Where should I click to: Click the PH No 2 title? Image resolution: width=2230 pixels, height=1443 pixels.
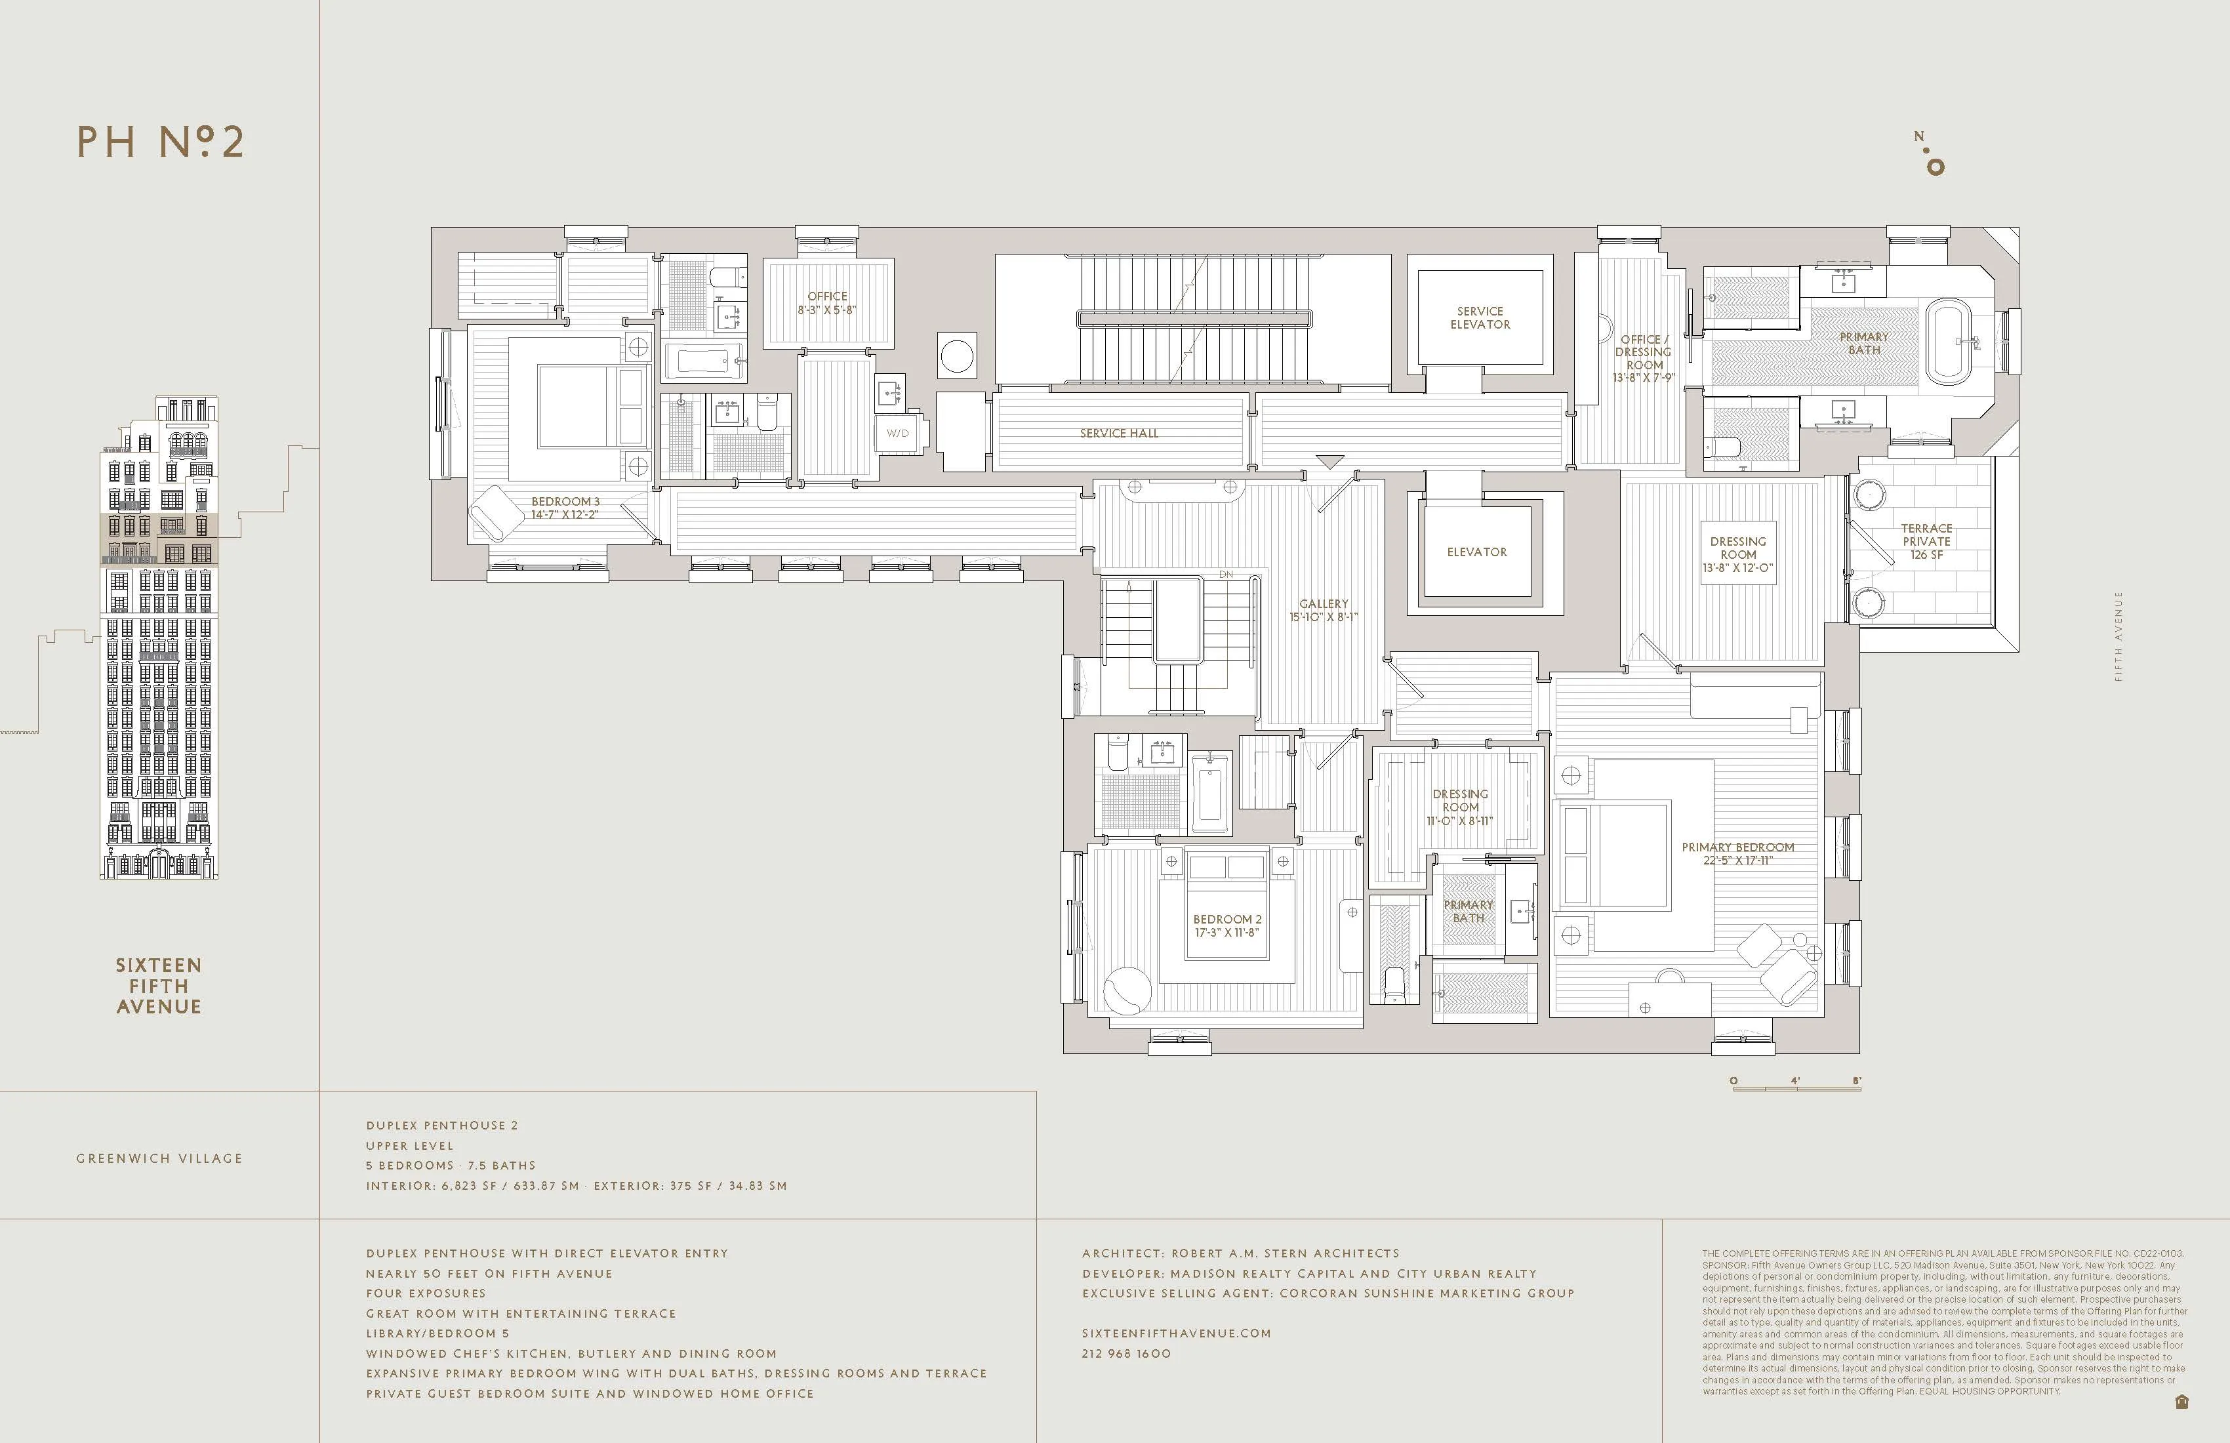click(x=160, y=142)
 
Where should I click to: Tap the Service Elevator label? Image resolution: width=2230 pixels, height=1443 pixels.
click(x=1480, y=317)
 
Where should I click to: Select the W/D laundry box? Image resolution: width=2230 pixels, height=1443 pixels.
click(x=898, y=433)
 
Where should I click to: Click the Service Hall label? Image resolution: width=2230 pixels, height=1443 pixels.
click(x=1119, y=433)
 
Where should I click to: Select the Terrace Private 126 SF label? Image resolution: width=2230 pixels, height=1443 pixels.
click(x=1926, y=542)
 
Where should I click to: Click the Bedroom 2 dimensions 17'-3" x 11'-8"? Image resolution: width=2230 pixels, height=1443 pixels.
click(x=1226, y=932)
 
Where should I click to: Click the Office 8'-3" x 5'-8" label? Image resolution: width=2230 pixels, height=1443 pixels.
click(x=826, y=302)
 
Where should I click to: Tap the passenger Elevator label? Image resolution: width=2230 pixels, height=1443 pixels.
click(x=1476, y=552)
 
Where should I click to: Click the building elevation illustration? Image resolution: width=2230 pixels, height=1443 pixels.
click(x=159, y=637)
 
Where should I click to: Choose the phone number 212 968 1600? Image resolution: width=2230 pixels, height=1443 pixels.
click(x=1125, y=1353)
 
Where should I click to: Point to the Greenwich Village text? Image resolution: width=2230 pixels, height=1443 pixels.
click(x=159, y=1158)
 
